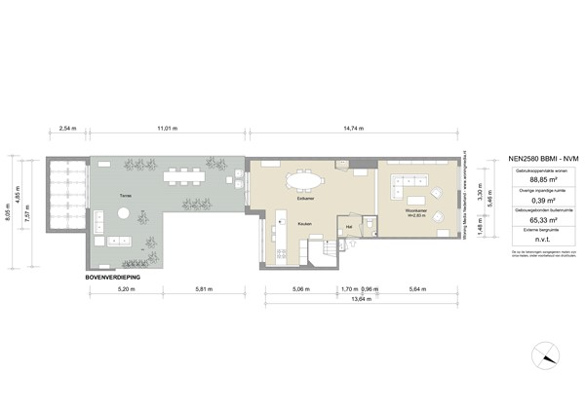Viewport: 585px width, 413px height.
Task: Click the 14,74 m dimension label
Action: [x=355, y=128]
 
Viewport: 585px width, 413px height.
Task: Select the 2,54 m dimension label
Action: [x=68, y=128]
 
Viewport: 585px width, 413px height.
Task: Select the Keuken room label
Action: [x=304, y=223]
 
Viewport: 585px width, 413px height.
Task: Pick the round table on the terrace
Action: [x=124, y=240]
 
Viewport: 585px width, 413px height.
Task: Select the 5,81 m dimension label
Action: [x=203, y=289]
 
